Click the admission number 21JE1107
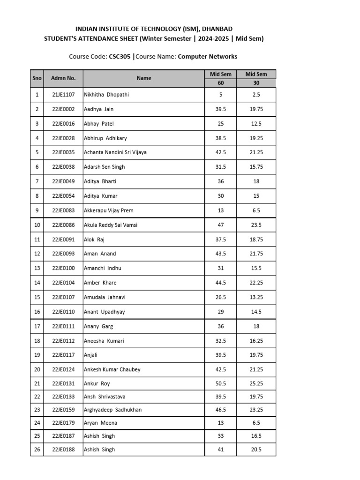click(x=63, y=95)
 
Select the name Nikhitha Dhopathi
click(x=106, y=95)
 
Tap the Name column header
click(x=144, y=78)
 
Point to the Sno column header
click(x=37, y=78)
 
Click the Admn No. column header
click(x=63, y=78)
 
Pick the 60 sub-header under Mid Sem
click(x=221, y=83)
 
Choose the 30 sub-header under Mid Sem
click(x=256, y=83)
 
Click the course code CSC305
click(x=120, y=57)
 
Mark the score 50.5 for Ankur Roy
click(x=221, y=383)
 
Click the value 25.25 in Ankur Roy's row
click(x=256, y=383)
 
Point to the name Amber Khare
click(x=100, y=283)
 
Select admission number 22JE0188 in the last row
click(x=63, y=450)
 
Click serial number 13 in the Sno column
click(x=37, y=268)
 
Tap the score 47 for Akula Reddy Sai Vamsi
click(x=221, y=225)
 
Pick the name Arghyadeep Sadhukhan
click(x=112, y=410)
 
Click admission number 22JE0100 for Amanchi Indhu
click(x=63, y=268)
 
